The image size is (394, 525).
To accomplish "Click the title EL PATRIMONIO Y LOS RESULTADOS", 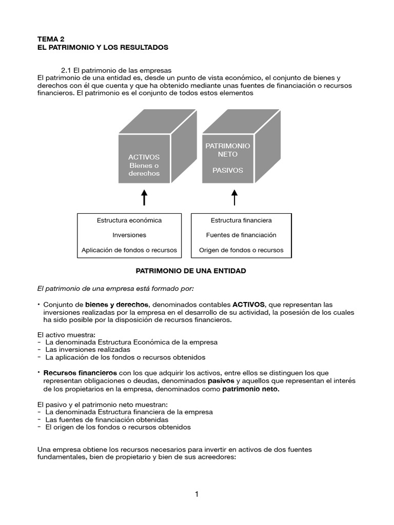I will [103, 47].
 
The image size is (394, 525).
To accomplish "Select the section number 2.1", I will [66, 70].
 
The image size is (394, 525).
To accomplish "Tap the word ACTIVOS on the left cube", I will [144, 157].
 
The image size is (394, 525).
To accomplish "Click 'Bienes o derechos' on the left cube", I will [144, 169].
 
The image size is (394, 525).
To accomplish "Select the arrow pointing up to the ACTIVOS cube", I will [144, 197].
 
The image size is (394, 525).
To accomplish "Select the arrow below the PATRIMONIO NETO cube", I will [234, 197].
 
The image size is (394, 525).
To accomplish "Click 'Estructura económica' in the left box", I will [129, 220].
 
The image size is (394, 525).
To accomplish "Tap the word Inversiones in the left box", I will [129, 235].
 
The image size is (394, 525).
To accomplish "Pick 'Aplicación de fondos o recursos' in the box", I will [129, 250].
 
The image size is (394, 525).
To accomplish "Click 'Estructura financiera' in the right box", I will [241, 220].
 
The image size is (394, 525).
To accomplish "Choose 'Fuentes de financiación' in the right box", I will [241, 235].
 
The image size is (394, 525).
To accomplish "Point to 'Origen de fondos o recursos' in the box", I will [241, 250].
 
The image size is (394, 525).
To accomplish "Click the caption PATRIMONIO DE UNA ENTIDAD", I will [190, 271].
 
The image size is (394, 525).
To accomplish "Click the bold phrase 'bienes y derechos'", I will [117, 304].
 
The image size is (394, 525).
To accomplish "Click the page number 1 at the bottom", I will [196, 494].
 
